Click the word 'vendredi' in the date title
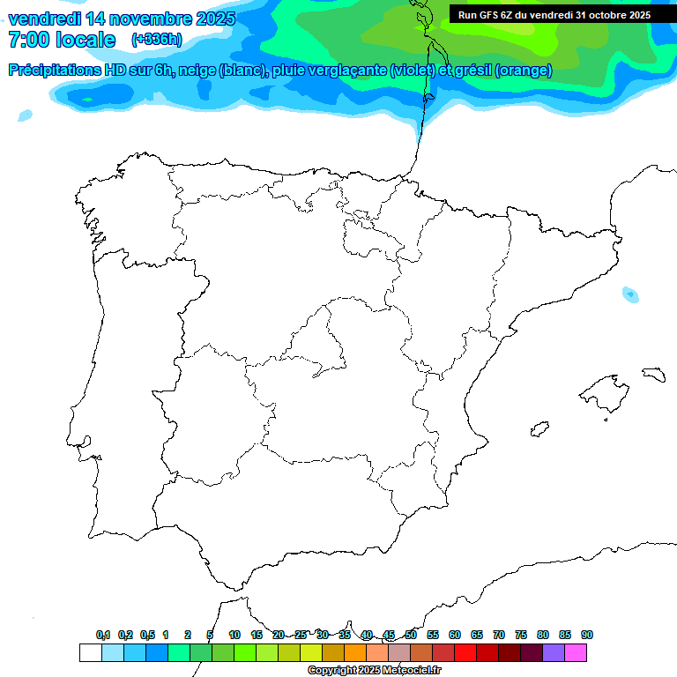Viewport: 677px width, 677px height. click(44, 19)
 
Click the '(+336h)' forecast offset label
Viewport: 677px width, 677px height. click(156, 40)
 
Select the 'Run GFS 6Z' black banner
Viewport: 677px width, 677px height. click(554, 15)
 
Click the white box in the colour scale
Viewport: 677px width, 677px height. click(90, 653)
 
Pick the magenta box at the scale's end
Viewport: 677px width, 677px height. click(576, 653)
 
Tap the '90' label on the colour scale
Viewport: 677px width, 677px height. click(587, 635)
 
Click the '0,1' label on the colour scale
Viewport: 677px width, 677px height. click(103, 635)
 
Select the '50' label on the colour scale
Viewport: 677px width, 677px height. click(411, 635)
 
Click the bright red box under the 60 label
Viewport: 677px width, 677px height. click(465, 653)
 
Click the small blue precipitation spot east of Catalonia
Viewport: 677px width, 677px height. click(630, 294)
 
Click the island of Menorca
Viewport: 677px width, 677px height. click(653, 374)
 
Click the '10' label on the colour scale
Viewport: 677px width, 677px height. click(234, 635)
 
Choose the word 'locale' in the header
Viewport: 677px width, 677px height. click(86, 40)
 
